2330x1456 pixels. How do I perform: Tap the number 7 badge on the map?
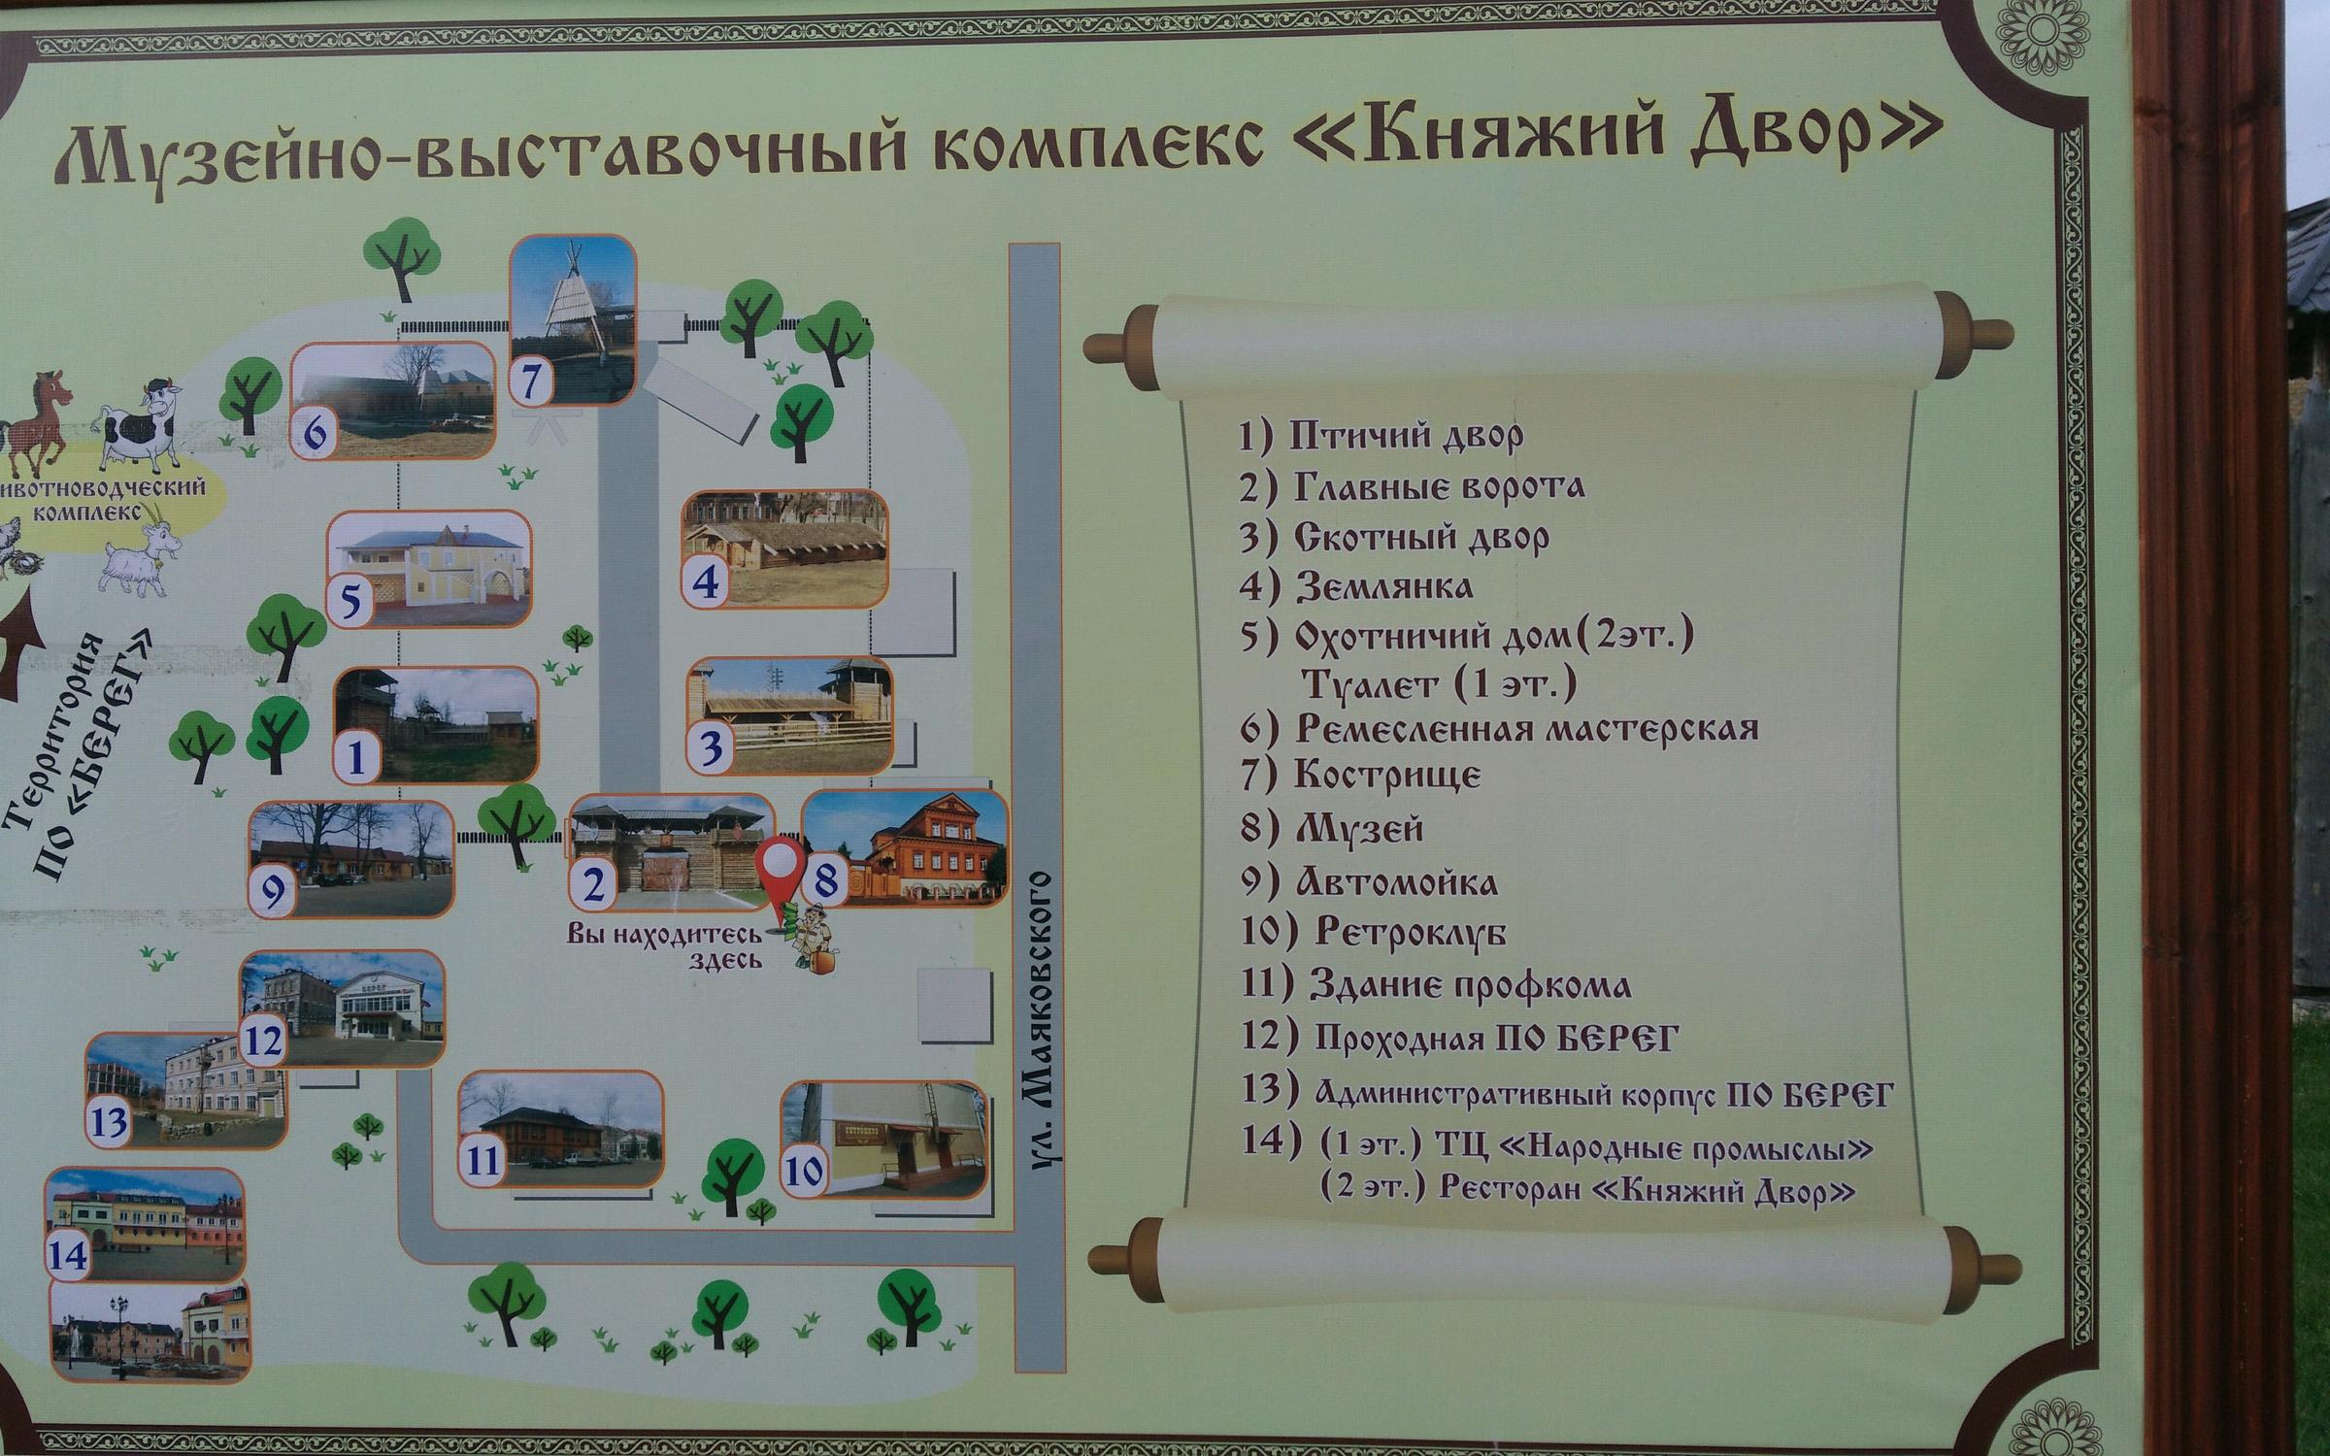click(531, 380)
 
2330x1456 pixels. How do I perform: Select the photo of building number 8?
click(904, 848)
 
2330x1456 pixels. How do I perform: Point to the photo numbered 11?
click(561, 1130)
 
